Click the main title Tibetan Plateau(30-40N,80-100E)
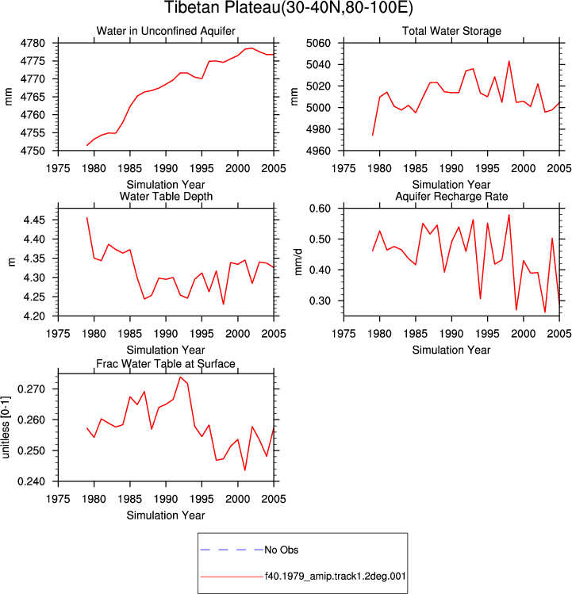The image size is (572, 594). [289, 8]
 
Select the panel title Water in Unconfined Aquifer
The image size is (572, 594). [166, 31]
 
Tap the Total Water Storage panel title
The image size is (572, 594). [451, 31]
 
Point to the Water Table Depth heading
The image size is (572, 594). [166, 196]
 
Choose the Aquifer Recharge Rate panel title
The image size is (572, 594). [451, 196]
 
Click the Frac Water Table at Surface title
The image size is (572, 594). [166, 364]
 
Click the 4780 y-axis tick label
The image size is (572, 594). [33, 43]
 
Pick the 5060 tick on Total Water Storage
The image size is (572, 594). [318, 43]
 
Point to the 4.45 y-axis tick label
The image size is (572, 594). [34, 220]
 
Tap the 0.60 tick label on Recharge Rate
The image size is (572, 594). [320, 209]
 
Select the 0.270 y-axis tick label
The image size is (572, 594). [32, 389]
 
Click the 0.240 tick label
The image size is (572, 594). [32, 481]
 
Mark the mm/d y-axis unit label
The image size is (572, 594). [298, 262]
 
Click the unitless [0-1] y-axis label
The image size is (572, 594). [6, 427]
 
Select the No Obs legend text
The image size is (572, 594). [282, 550]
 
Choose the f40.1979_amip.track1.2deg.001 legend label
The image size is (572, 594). [335, 577]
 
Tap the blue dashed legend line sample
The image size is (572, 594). [232, 550]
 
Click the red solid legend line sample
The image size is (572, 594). [232, 577]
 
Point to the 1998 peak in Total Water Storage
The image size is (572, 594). [509, 61]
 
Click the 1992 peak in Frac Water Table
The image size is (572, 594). [180, 377]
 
